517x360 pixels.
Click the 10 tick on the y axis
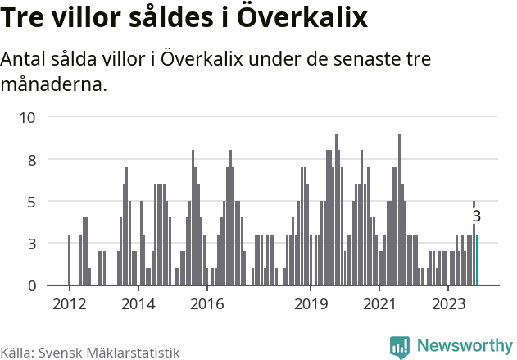(28, 117)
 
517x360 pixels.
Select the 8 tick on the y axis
(32, 160)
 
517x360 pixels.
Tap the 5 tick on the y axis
(32, 202)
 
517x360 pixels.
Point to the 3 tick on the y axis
(32, 244)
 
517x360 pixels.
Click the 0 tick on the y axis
(32, 285)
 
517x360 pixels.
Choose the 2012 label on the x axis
(69, 304)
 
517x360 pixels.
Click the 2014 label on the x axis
(138, 304)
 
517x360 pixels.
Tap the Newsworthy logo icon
(400, 346)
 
